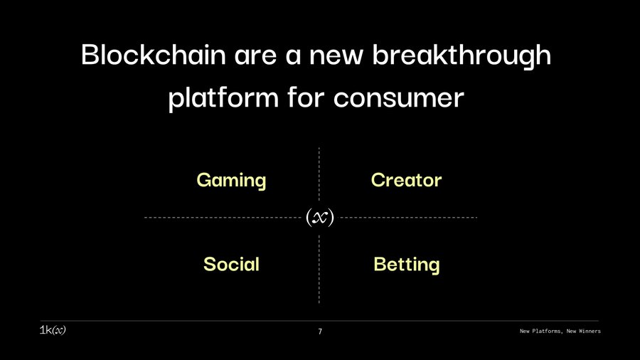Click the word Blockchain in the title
154,54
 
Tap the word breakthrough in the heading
462,57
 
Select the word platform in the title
223,99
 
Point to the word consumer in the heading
398,98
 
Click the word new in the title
336,56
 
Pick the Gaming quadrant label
231,181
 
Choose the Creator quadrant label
407,180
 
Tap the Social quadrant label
231,264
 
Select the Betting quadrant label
407,265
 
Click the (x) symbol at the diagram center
320,218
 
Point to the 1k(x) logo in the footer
53,330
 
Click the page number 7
320,332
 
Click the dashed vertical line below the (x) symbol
319,270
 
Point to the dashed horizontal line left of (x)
223,218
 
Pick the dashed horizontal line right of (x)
409,218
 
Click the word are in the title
255,56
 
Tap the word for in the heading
306,97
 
